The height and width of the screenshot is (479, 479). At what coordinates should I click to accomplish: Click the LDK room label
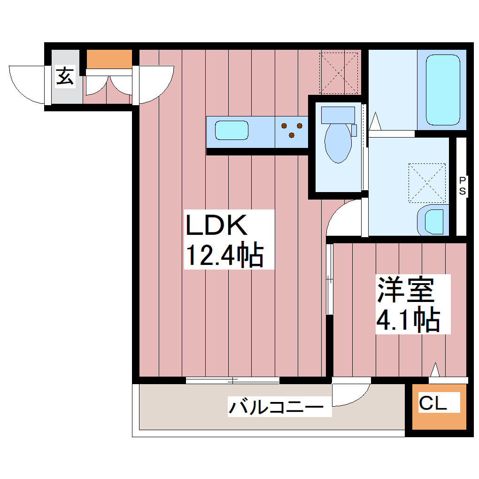tap(217, 225)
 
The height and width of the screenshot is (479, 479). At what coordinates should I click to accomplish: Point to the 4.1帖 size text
tap(408, 320)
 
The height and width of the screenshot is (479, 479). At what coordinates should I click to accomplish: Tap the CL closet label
tap(433, 403)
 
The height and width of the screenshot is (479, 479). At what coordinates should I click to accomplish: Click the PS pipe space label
tap(463, 185)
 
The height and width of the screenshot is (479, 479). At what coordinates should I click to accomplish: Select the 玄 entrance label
tap(65, 77)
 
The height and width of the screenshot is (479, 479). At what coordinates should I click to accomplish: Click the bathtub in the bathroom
tap(442, 90)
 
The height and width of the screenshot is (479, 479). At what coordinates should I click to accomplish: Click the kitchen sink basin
tap(232, 130)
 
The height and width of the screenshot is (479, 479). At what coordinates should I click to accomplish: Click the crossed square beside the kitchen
tap(339, 73)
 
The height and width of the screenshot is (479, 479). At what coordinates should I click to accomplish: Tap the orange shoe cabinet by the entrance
tap(109, 59)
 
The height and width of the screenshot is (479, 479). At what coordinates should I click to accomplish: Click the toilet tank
tap(338, 115)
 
